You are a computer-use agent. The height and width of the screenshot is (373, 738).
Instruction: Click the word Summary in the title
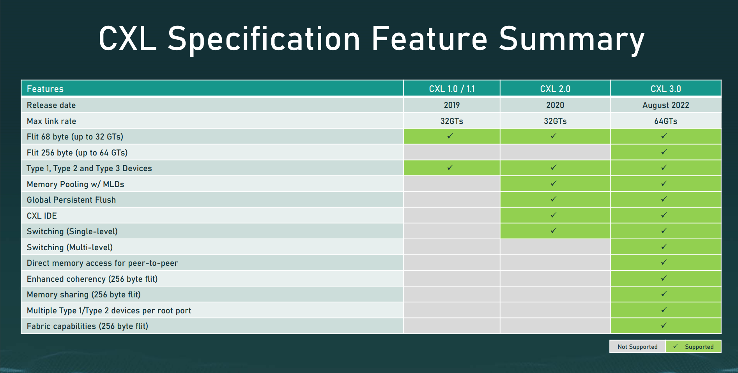coord(572,39)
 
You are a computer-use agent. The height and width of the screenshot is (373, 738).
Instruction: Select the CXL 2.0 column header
coord(555,89)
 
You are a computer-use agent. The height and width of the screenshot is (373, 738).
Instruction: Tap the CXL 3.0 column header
coord(665,89)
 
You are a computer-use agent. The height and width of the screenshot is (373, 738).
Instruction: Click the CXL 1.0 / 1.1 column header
coord(452,89)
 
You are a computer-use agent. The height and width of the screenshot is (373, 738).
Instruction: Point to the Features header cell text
coord(45,89)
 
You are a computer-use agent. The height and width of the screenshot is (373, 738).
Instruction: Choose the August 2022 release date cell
coord(665,105)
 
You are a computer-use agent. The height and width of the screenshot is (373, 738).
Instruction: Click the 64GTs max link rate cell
coord(665,121)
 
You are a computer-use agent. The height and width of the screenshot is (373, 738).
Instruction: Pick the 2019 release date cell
coord(452,105)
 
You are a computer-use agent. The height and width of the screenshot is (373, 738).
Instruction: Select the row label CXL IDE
coord(42,216)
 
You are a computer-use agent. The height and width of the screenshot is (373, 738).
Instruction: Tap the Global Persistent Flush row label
coord(71,200)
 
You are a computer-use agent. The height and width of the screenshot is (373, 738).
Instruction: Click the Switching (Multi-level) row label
coord(70,247)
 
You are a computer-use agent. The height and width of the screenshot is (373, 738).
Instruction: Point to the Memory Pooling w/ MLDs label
coord(75,184)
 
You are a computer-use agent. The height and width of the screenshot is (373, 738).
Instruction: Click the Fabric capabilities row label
coord(87,326)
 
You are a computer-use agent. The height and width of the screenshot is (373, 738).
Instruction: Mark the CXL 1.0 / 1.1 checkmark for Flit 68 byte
coord(450,136)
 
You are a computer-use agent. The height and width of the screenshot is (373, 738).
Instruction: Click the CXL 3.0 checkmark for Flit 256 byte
coord(664,152)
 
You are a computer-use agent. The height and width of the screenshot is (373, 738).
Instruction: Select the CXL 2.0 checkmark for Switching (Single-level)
coord(553,230)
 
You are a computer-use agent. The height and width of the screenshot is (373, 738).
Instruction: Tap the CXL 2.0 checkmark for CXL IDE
coord(553,215)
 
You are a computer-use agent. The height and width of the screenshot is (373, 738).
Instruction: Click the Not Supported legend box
coord(637,346)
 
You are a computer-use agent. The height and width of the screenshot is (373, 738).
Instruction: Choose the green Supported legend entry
coord(693,346)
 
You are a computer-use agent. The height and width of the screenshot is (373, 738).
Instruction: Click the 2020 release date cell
coord(555,105)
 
